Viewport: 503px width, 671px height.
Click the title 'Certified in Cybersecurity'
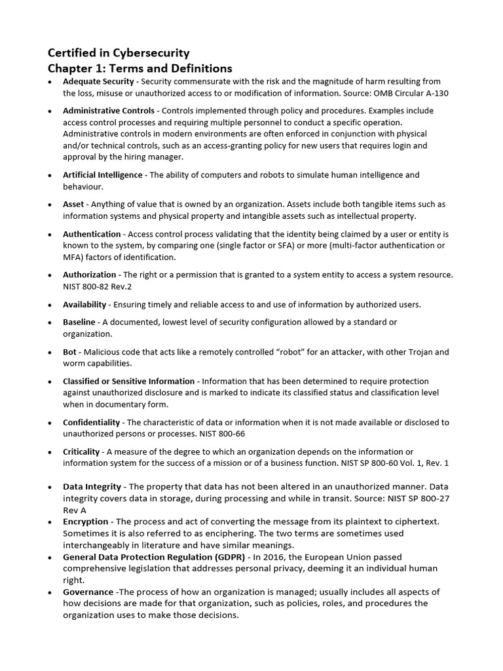120,53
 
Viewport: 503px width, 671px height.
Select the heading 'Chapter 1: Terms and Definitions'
140,68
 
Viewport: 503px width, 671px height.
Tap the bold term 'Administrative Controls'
109,111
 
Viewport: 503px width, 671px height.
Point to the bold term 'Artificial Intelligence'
102,175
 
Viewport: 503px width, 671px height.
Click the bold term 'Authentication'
92,234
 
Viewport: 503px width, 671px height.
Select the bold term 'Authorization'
90,275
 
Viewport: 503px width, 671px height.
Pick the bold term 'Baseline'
79,322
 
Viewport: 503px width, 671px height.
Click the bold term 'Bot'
69,352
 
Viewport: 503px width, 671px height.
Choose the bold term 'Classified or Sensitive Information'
128,381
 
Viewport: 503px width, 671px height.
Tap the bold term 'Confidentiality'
91,422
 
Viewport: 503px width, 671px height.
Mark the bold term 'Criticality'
81,451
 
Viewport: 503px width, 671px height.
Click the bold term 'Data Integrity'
92,487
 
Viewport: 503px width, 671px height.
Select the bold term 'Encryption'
85,522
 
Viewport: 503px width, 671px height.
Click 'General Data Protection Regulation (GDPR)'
154,556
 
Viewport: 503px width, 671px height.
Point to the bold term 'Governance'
87,592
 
